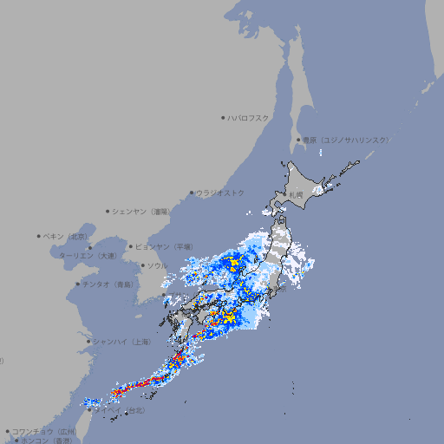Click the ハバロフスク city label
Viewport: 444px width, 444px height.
tap(249, 117)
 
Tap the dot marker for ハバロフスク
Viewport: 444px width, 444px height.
tap(224, 117)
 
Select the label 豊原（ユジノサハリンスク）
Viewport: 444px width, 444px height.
tap(345, 140)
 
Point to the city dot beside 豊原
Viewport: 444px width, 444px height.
tap(298, 140)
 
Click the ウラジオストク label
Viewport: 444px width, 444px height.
tap(220, 193)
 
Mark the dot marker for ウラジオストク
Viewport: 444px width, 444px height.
tap(193, 193)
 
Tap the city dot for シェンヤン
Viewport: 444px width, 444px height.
tap(108, 211)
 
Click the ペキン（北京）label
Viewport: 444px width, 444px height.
tap(66, 236)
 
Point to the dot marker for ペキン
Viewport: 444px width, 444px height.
tap(39, 236)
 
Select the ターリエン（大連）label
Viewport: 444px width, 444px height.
tap(87, 256)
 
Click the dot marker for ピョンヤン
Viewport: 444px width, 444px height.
tap(132, 246)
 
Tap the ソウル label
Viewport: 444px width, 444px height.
tap(157, 265)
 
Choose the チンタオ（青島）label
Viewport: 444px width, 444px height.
tap(108, 284)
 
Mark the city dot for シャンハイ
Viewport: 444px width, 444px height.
tap(88, 341)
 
